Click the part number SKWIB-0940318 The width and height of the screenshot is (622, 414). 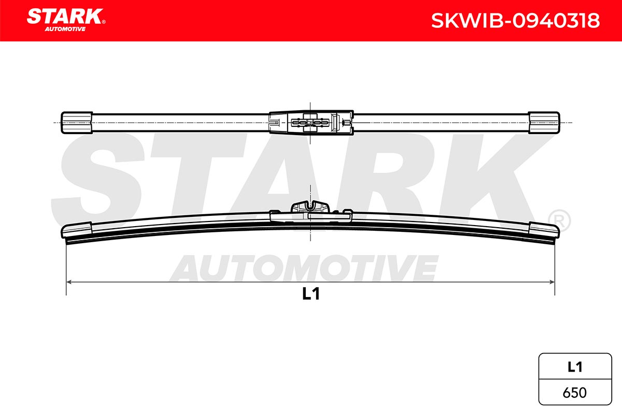[x=515, y=21]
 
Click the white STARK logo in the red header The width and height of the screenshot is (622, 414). [x=65, y=16]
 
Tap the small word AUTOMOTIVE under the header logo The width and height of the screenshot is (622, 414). [x=65, y=29]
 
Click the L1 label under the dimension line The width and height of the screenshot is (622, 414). [x=310, y=293]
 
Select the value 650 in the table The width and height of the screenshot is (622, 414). [x=575, y=393]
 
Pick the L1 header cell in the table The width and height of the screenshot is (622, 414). [x=575, y=367]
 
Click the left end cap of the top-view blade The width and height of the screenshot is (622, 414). [x=77, y=123]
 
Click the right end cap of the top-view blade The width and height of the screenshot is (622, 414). [x=544, y=123]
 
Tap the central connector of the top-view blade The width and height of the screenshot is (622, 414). [x=311, y=123]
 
